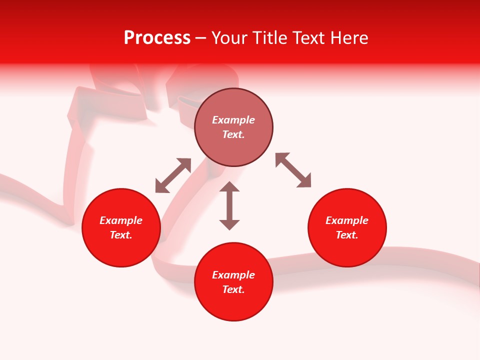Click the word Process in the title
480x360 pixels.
coord(157,38)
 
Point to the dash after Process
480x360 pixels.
coord(201,38)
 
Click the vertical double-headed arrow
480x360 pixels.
coord(229,205)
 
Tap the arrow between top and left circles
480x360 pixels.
coord(173,175)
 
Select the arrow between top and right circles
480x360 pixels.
coord(293,170)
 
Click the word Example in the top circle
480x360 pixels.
coord(233,120)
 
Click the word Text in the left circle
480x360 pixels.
coord(121,235)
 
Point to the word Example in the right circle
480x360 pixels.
coord(347,220)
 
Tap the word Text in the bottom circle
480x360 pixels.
coord(233,289)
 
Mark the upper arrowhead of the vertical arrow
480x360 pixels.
coord(229,186)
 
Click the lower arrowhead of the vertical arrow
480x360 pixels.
coord(229,224)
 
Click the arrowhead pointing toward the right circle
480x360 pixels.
coord(304,181)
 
